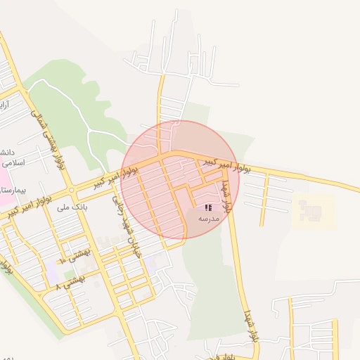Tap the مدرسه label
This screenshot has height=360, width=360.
[209, 219]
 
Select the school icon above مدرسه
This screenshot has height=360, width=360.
[208, 207]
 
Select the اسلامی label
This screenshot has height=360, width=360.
[13, 162]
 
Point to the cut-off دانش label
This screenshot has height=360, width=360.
[6, 152]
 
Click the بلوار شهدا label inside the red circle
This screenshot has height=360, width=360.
[226, 196]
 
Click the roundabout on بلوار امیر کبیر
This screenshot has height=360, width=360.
[72, 190]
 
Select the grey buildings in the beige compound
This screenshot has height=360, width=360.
[309, 209]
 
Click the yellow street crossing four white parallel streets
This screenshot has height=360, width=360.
[263, 200]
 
